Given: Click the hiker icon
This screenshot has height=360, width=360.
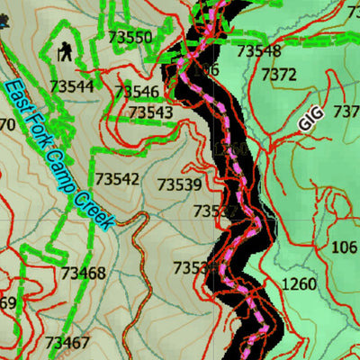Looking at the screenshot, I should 66,53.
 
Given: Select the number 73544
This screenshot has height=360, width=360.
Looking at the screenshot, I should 72,86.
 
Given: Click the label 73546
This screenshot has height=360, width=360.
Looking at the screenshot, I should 138,92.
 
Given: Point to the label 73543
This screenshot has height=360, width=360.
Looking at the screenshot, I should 151,112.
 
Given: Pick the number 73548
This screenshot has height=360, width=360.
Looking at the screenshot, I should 258,51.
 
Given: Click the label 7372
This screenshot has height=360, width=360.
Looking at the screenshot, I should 278,76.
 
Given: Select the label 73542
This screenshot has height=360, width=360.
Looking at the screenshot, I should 117,179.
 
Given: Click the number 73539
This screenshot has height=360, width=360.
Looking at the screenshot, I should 179,184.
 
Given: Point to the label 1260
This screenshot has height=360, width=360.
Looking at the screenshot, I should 299,285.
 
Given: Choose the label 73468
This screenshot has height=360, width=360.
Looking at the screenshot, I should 84,273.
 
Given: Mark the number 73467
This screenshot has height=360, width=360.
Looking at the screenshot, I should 67,342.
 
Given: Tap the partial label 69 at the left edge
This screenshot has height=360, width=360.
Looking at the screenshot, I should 7,303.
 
